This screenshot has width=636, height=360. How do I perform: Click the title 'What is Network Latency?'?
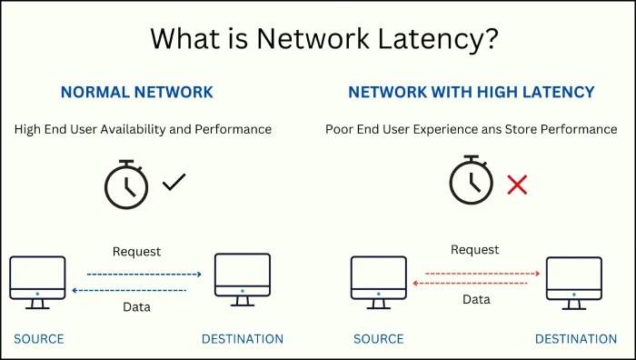(x=317, y=39)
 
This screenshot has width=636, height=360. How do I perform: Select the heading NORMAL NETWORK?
(x=136, y=92)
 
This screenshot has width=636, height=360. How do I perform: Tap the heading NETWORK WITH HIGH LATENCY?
(x=471, y=92)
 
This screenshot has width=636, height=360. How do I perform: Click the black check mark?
(x=174, y=184)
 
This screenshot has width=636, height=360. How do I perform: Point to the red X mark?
(x=517, y=185)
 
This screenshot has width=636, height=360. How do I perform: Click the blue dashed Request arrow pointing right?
(x=144, y=274)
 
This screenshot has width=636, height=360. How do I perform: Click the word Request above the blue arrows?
(x=136, y=251)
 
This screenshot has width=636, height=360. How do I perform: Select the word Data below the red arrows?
(x=476, y=299)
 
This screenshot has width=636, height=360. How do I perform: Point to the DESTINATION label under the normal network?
(x=242, y=339)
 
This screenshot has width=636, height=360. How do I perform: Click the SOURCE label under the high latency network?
(x=379, y=339)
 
